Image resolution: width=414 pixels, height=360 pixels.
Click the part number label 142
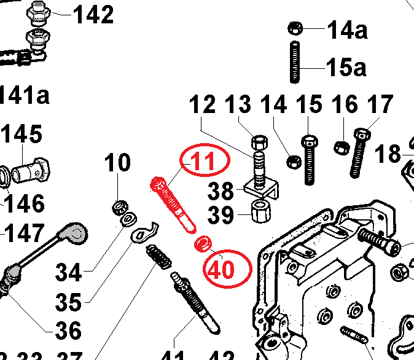point(93,14)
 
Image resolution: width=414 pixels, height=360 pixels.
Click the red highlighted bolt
point(174,205)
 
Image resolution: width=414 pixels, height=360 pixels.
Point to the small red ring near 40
point(201,245)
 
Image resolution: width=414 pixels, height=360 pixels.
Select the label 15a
point(346,66)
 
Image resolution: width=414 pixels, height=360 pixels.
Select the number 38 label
point(222,191)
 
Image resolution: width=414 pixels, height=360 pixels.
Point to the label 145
point(23,135)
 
